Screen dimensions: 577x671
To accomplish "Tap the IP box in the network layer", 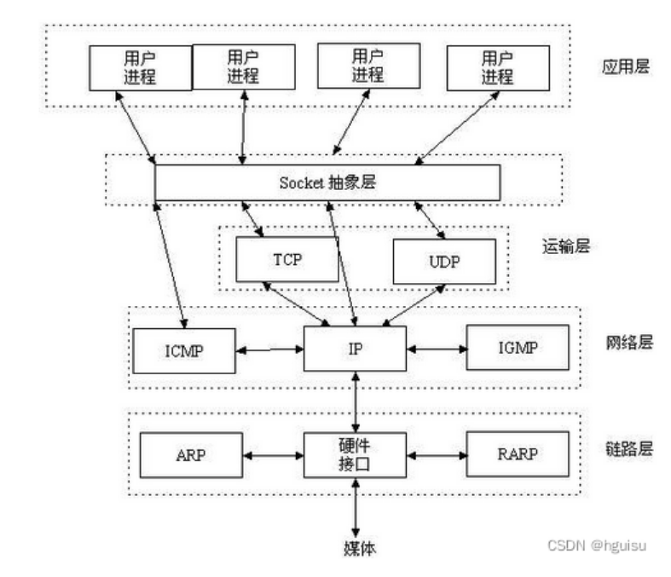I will pos(354,349).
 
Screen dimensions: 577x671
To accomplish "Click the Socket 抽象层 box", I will pos(327,183).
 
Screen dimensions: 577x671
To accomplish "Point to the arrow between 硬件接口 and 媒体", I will pos(354,505).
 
